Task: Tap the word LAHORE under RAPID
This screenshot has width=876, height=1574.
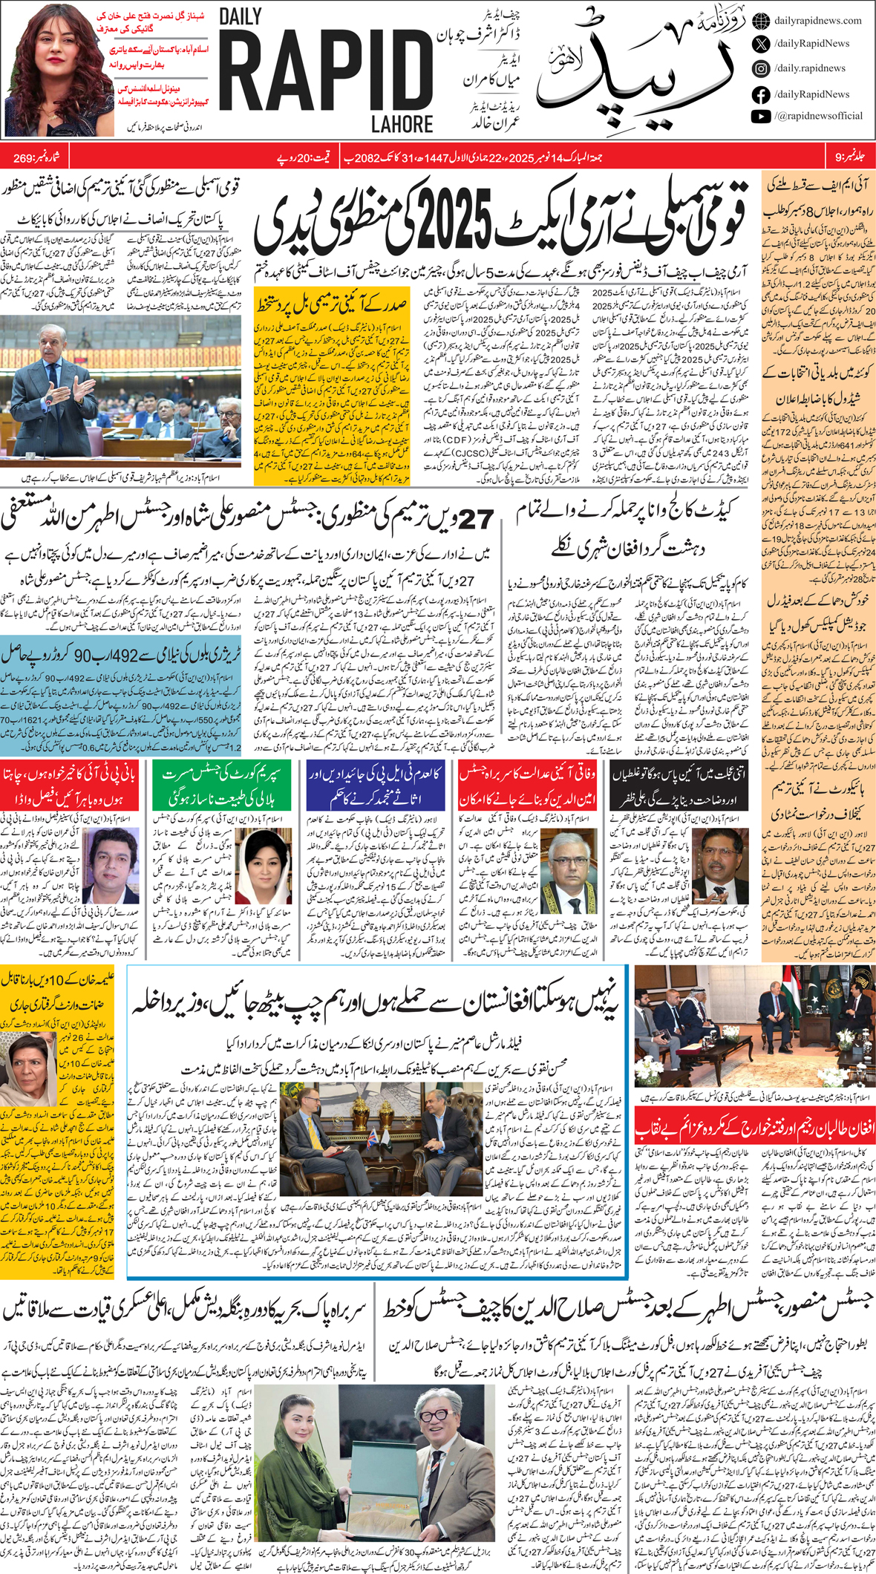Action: (x=402, y=123)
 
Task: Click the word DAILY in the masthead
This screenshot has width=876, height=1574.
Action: (x=241, y=18)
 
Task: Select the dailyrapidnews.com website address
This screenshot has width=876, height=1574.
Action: (x=817, y=21)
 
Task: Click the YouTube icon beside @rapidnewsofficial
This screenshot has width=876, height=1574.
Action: (x=760, y=116)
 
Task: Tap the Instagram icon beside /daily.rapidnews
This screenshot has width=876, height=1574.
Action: (x=760, y=68)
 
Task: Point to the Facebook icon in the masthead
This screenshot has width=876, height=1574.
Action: (x=760, y=94)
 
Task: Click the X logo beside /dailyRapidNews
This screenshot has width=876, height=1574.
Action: (x=760, y=44)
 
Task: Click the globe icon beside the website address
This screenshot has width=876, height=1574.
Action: (x=760, y=21)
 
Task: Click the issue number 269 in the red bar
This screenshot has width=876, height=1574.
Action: (x=24, y=158)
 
